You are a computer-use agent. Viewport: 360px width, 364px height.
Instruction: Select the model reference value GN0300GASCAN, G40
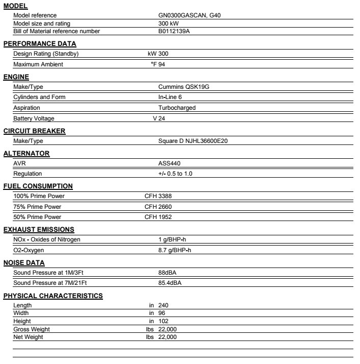pos(190,15)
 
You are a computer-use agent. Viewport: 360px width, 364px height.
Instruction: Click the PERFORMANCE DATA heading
pos(40,44)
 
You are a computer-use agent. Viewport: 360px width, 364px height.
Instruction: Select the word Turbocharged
pos(177,108)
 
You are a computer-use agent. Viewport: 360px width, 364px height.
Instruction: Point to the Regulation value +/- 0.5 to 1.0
pos(175,174)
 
